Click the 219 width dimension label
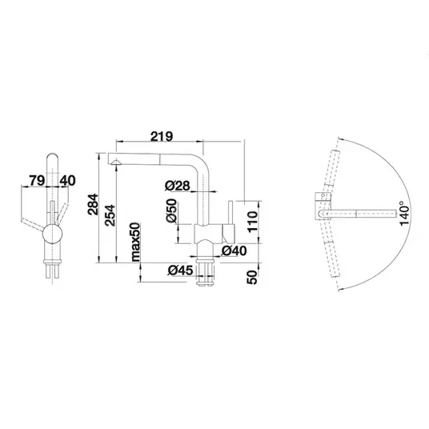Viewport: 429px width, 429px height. (162, 136)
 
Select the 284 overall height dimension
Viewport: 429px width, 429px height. (93, 204)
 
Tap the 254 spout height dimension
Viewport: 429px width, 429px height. (110, 215)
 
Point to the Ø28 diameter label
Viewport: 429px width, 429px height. (178, 186)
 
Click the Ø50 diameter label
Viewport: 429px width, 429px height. (172, 210)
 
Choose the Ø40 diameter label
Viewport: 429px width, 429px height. (234, 251)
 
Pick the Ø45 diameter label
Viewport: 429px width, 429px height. (181, 271)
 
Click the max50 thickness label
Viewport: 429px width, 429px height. (136, 242)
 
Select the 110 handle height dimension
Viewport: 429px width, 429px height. (253, 222)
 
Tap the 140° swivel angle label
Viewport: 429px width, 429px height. (404, 214)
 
